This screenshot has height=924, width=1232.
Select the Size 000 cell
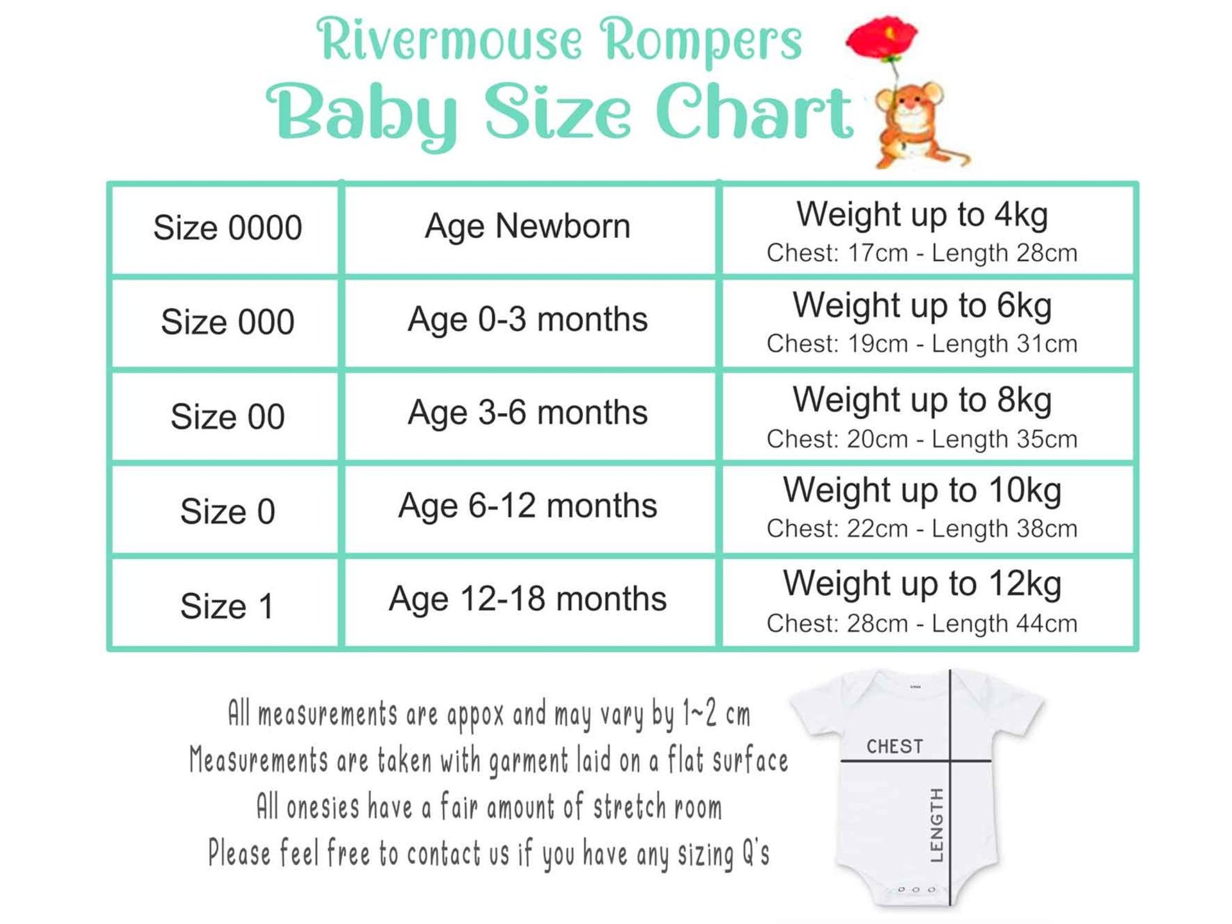pos(227,323)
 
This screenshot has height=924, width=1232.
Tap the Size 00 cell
pos(227,416)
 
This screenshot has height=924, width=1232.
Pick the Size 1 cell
pos(227,603)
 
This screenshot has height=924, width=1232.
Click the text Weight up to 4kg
pos(922,215)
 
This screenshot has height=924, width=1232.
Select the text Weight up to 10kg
pos(922,492)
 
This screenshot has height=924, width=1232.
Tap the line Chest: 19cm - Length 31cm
pos(922,344)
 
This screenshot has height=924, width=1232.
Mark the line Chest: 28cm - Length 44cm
pos(922,624)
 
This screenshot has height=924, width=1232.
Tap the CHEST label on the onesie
pos(894,746)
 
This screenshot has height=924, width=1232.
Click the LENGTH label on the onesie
pos(936,825)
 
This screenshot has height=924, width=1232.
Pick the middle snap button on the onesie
pos(916,890)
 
